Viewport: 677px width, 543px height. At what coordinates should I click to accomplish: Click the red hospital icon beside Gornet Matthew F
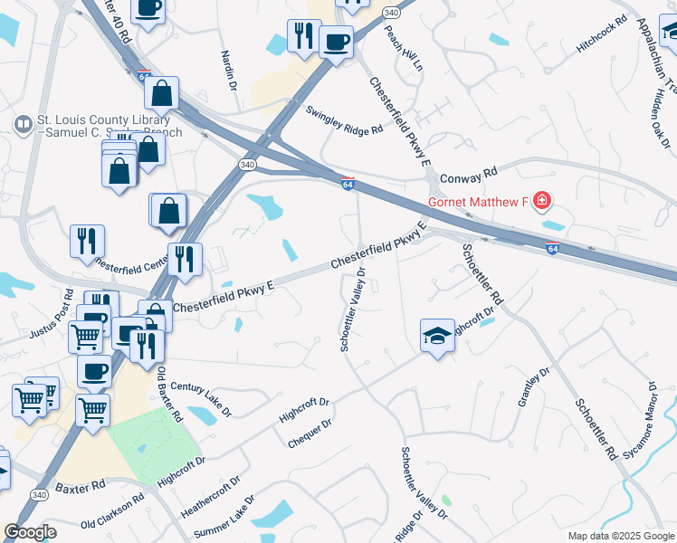pyautogui.click(x=542, y=200)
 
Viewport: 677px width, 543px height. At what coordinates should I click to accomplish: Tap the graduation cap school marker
pyautogui.click(x=437, y=336)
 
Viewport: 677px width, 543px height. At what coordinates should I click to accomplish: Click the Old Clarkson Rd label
pyautogui.click(x=112, y=510)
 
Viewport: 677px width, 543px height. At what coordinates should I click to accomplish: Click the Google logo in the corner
pyautogui.click(x=30, y=532)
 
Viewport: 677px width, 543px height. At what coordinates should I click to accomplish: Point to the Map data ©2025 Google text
pyautogui.click(x=620, y=536)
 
